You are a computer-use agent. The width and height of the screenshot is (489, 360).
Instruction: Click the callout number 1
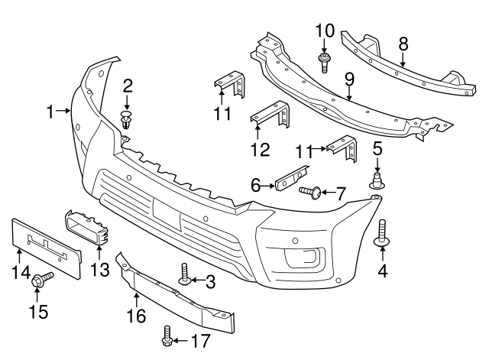50,112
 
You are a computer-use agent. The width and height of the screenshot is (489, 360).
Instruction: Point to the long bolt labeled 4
381,232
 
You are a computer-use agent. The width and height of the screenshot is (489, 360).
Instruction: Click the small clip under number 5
377,180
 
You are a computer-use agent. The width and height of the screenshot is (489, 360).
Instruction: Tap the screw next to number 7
310,190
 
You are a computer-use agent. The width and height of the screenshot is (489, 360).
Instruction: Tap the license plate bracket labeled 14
45,243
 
